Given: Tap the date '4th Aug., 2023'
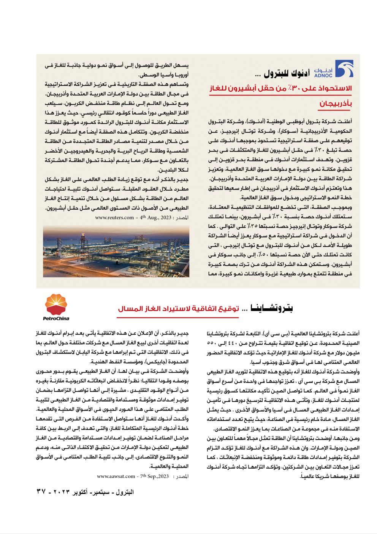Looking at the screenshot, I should [155, 218].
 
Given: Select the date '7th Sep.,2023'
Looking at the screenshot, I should [155, 476].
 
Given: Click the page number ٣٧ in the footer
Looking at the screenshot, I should [41, 491].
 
